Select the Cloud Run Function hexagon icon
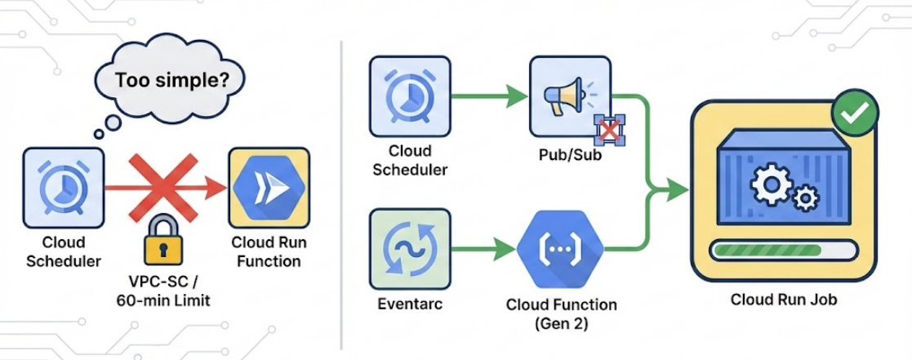tap(269, 187)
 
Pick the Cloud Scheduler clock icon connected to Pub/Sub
tap(409, 96)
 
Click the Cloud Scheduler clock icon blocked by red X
tap(63, 188)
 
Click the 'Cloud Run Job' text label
tap(783, 300)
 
